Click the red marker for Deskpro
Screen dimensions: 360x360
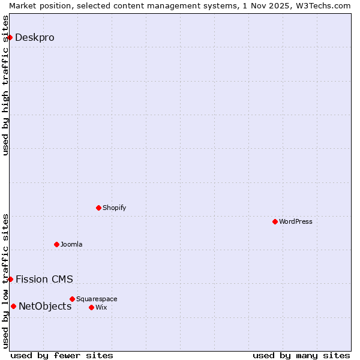point(10,37)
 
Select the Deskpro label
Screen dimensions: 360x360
point(34,37)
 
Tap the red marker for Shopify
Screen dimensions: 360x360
point(98,208)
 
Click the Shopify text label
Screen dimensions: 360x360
point(114,208)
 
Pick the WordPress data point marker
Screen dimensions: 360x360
point(275,221)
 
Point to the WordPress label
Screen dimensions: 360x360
point(295,221)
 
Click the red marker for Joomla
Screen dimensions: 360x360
point(56,244)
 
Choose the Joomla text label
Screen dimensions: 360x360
point(71,244)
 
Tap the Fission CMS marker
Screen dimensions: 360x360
point(10,279)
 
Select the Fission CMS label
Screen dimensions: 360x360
point(44,279)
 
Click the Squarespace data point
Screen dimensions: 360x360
point(72,299)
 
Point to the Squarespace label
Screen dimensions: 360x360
point(97,299)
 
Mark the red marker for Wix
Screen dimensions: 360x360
point(91,307)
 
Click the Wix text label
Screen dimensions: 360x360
point(101,307)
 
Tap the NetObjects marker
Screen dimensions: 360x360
point(13,306)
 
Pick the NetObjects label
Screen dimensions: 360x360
point(45,307)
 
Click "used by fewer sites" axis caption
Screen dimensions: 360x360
point(62,355)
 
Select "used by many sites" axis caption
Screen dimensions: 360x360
point(301,355)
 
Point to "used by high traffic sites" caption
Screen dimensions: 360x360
point(5,85)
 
